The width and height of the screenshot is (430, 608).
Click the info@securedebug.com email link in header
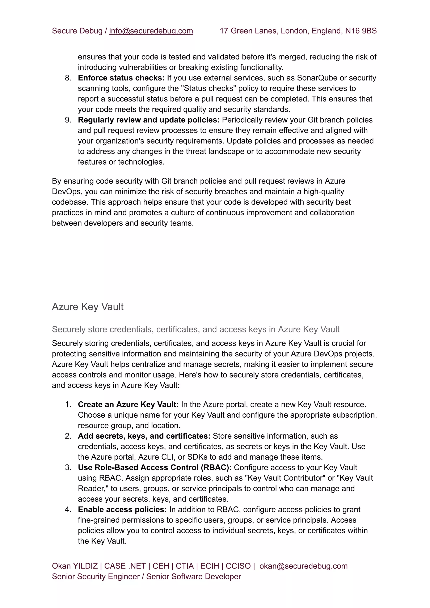pos(151,31)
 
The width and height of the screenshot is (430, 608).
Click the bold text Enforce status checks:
pos(121,78)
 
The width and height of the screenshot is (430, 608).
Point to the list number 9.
pos(68,120)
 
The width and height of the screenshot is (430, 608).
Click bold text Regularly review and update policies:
pos(148,120)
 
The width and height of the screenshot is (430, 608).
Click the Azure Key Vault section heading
pos(88,307)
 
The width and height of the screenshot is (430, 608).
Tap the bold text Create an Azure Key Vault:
pos(128,404)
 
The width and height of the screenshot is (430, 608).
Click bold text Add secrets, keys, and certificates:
pos(144,436)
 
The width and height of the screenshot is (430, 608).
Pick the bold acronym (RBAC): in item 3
pos(216,468)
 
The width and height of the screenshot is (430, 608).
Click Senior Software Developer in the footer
pos(194,576)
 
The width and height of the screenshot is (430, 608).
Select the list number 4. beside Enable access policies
pos(68,509)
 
